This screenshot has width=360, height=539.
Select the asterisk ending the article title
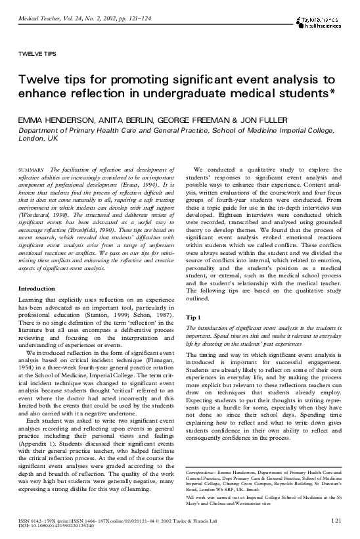coord(332,92)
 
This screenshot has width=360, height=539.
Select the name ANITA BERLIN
coord(125,121)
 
